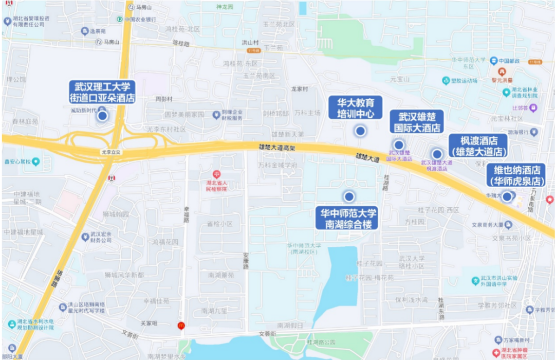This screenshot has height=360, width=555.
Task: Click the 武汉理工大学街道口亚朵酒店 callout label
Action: coord(102,92)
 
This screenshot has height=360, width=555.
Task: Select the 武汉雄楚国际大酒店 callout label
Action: coord(417,122)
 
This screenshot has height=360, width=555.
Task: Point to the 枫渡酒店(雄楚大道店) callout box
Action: coord(478,146)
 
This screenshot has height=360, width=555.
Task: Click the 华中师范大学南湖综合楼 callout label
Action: coord(349,219)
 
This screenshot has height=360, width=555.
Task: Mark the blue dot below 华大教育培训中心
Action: coord(360,131)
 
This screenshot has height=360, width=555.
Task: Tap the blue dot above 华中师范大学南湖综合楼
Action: coord(349,196)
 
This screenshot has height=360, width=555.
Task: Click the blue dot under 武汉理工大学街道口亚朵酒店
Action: coord(102,116)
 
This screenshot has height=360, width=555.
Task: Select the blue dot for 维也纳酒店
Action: coord(507,196)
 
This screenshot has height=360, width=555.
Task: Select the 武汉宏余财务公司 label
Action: coord(101,237)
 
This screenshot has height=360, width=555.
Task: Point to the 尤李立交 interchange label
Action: coord(110,152)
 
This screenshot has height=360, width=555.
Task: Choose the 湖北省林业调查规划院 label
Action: coord(525,93)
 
